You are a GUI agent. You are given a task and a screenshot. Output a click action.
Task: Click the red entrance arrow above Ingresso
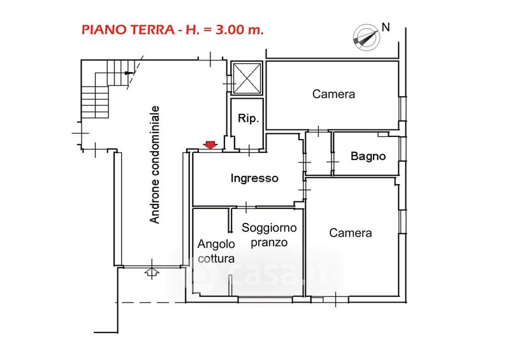pos(209,145)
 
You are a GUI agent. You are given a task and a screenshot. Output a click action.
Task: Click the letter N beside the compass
pos(385,27)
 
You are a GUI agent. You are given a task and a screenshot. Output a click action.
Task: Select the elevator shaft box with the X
pos(246,77)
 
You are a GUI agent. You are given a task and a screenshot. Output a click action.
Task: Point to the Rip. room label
pos(247,119)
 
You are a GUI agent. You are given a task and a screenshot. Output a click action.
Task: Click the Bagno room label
pos(368,156)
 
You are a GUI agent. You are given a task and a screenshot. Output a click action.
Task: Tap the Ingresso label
pos(254,178)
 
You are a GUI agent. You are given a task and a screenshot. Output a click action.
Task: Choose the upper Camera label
pos(333,94)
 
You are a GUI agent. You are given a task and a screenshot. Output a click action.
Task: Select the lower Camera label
pos(351,233)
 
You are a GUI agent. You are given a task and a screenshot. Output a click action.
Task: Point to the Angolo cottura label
pos(216,251)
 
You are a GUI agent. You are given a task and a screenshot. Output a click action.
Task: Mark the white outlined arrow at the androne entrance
pos(152,272)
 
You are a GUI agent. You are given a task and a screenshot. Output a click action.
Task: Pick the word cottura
pos(216,259)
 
